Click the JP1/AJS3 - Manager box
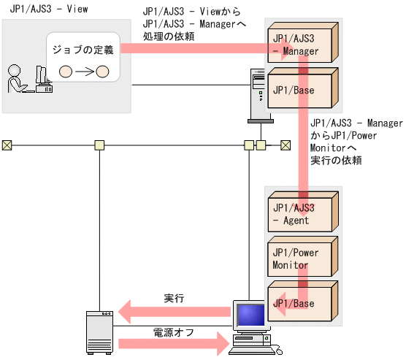tap(299, 45)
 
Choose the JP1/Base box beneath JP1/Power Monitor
tap(299, 302)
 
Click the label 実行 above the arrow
tap(174, 299)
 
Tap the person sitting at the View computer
tap(15, 79)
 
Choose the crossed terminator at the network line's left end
tap(7, 145)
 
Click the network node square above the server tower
tap(99, 145)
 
